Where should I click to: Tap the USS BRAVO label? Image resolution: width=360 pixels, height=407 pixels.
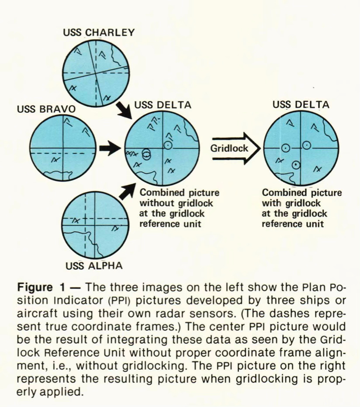click(x=45, y=109)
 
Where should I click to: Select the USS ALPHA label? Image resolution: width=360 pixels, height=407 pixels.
click(x=94, y=266)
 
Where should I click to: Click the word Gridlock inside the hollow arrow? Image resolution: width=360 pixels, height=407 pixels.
click(x=229, y=148)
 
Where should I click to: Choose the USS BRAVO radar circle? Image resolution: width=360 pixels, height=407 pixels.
click(x=63, y=148)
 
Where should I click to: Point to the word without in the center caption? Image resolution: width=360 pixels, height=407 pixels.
click(x=154, y=203)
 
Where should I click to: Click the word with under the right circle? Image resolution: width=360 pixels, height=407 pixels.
click(x=271, y=203)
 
